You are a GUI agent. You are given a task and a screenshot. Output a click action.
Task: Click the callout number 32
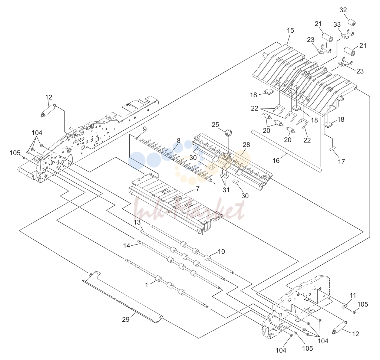coord(343,10)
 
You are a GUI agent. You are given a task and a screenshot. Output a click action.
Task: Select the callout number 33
coord(337,24)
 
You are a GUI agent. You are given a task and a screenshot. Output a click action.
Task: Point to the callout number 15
coord(290,30)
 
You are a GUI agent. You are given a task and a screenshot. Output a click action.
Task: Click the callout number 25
coord(215,125)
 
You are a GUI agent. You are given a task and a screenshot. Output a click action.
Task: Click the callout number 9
coord(145,129)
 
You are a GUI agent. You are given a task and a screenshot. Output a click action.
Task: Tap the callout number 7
coord(198,189)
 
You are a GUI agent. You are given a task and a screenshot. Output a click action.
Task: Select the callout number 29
coord(126,320)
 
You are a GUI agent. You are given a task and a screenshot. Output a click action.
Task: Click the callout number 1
coord(146,285)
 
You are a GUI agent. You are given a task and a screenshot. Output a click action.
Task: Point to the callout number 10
coord(221,252)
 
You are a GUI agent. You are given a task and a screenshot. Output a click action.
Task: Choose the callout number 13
coord(137,222)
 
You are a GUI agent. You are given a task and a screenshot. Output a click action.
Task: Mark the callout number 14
coord(126,246)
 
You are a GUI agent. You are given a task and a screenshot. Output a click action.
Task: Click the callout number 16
coord(276,161)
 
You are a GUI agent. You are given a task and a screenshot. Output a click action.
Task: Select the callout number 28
coord(246,145)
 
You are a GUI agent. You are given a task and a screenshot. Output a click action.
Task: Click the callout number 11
coord(353,295)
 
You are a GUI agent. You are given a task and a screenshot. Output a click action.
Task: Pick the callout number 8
coord(179,141)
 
